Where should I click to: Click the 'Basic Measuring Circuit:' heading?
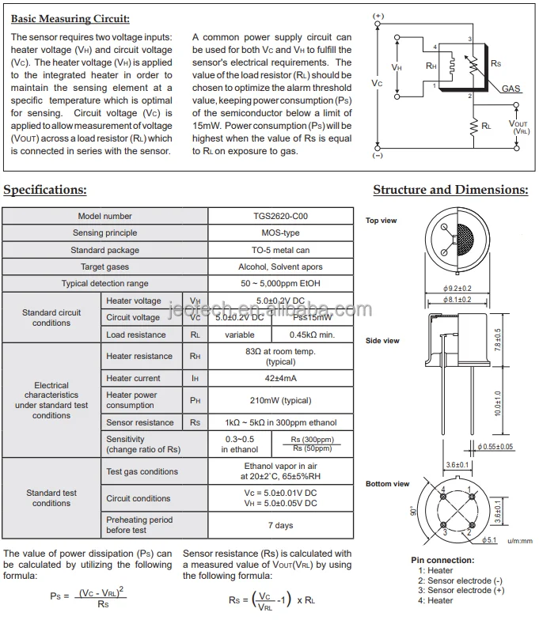(x=71, y=18)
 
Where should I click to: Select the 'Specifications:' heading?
(x=46, y=190)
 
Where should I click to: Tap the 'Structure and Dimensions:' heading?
(x=450, y=190)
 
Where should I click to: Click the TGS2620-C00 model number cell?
(x=281, y=216)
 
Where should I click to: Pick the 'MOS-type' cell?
(x=281, y=233)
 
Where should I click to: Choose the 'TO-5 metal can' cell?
(x=281, y=250)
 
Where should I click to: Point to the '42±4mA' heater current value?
(x=281, y=378)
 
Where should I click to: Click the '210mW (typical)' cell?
(x=281, y=400)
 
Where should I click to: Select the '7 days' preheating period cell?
(x=281, y=525)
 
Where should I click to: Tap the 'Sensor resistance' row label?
(x=140, y=422)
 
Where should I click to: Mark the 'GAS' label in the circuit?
(x=511, y=89)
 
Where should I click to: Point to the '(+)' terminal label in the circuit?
(x=378, y=16)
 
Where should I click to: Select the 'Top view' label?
(x=381, y=221)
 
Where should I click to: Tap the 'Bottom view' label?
(x=387, y=483)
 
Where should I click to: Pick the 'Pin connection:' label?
(x=442, y=560)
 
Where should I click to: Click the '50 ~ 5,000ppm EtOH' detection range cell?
(x=281, y=283)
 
